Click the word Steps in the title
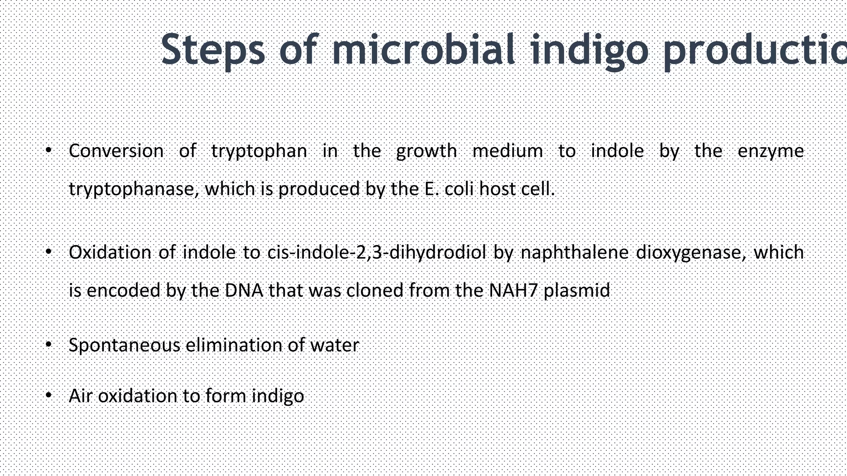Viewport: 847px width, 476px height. click(x=212, y=50)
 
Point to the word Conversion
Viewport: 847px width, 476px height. click(x=116, y=151)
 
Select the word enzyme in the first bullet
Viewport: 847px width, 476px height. click(x=770, y=151)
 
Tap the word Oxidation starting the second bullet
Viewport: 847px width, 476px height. click(x=110, y=252)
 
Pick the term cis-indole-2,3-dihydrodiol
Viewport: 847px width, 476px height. click(x=376, y=252)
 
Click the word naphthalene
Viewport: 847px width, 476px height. click(x=574, y=252)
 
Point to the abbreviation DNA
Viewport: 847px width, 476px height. click(x=244, y=290)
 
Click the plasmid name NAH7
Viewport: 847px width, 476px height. click(x=513, y=290)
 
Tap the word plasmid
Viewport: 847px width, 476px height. click(x=577, y=291)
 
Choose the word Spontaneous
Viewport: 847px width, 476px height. click(x=124, y=345)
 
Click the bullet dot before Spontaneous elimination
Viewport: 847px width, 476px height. click(x=48, y=344)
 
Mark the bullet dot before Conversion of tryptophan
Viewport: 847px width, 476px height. click(x=48, y=150)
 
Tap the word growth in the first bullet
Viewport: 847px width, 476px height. click(x=426, y=151)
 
